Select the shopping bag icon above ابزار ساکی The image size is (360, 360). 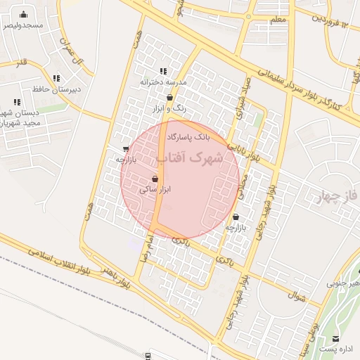click(x=155, y=179)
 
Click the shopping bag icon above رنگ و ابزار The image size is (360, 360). click(x=169, y=98)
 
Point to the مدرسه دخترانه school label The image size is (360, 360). click(x=163, y=82)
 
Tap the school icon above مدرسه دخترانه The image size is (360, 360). click(x=163, y=71)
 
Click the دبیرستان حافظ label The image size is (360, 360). click(x=56, y=89)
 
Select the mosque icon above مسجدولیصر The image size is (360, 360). click(x=24, y=14)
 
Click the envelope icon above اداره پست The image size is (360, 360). click(x=337, y=338)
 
